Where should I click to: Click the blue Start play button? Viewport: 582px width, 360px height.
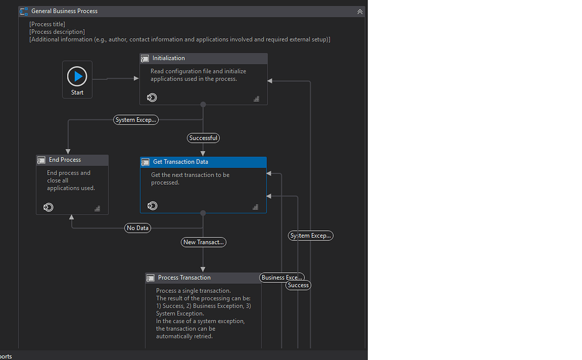pyautogui.click(x=77, y=76)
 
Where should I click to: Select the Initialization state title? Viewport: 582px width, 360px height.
pyautogui.click(x=168, y=58)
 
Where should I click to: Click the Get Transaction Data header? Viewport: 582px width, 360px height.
pyautogui.click(x=180, y=162)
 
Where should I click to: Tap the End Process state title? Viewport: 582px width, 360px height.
pyautogui.click(x=65, y=160)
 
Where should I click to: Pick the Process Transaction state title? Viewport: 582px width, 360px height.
pyautogui.click(x=184, y=278)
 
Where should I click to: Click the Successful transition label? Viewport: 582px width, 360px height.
pyautogui.click(x=203, y=138)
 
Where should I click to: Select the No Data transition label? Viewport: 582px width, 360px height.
pyautogui.click(x=138, y=228)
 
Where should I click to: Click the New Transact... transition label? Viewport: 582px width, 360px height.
pyautogui.click(x=203, y=242)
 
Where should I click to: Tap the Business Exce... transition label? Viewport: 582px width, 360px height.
pyautogui.click(x=281, y=278)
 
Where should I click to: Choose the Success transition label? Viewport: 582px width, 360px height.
pyautogui.click(x=298, y=285)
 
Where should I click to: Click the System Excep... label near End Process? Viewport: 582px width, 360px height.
pyautogui.click(x=135, y=120)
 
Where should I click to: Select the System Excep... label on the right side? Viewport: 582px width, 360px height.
pyautogui.click(x=310, y=235)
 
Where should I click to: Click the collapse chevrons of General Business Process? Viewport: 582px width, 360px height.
pyautogui.click(x=360, y=11)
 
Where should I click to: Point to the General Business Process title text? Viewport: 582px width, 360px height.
pyautogui.click(x=64, y=11)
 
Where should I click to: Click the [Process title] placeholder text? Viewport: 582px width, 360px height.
pyautogui.click(x=47, y=24)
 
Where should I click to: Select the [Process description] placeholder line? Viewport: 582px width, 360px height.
pyautogui.click(x=57, y=32)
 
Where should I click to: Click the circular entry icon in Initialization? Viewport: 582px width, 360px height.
pyautogui.click(x=152, y=98)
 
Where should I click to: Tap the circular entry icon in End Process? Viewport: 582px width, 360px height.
pyautogui.click(x=48, y=208)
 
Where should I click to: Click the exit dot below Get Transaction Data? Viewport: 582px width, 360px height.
pyautogui.click(x=203, y=213)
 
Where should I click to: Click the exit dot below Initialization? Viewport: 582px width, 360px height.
pyautogui.click(x=203, y=105)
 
